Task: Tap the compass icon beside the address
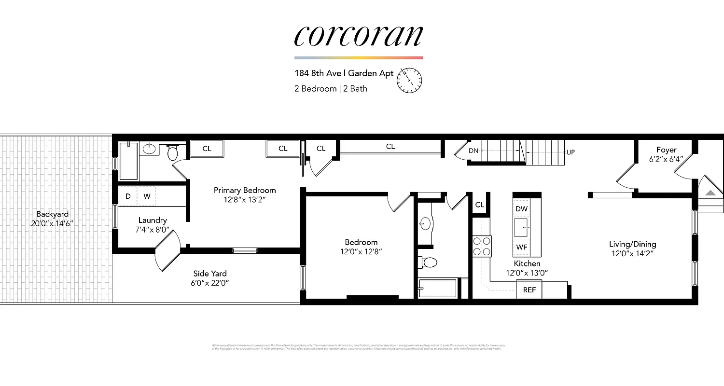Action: pyautogui.click(x=409, y=80)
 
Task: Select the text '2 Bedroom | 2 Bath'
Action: pyautogui.click(x=331, y=89)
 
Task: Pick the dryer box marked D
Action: pyautogui.click(x=128, y=196)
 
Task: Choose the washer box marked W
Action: pyautogui.click(x=147, y=196)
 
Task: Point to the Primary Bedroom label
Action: pyautogui.click(x=245, y=190)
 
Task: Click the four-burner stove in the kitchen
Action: pyautogui.click(x=482, y=246)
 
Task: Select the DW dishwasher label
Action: pyautogui.click(x=521, y=209)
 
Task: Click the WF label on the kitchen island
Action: pyautogui.click(x=521, y=247)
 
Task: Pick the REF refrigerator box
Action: pyautogui.click(x=529, y=290)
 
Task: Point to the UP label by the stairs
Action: pyautogui.click(x=571, y=152)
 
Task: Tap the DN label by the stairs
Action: pyautogui.click(x=473, y=151)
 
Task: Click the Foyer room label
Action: pyautogui.click(x=666, y=150)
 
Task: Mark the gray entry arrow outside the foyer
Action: pyautogui.click(x=710, y=193)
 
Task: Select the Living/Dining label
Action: pyautogui.click(x=632, y=244)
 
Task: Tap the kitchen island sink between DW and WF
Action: pyautogui.click(x=521, y=227)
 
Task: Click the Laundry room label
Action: pyautogui.click(x=153, y=220)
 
